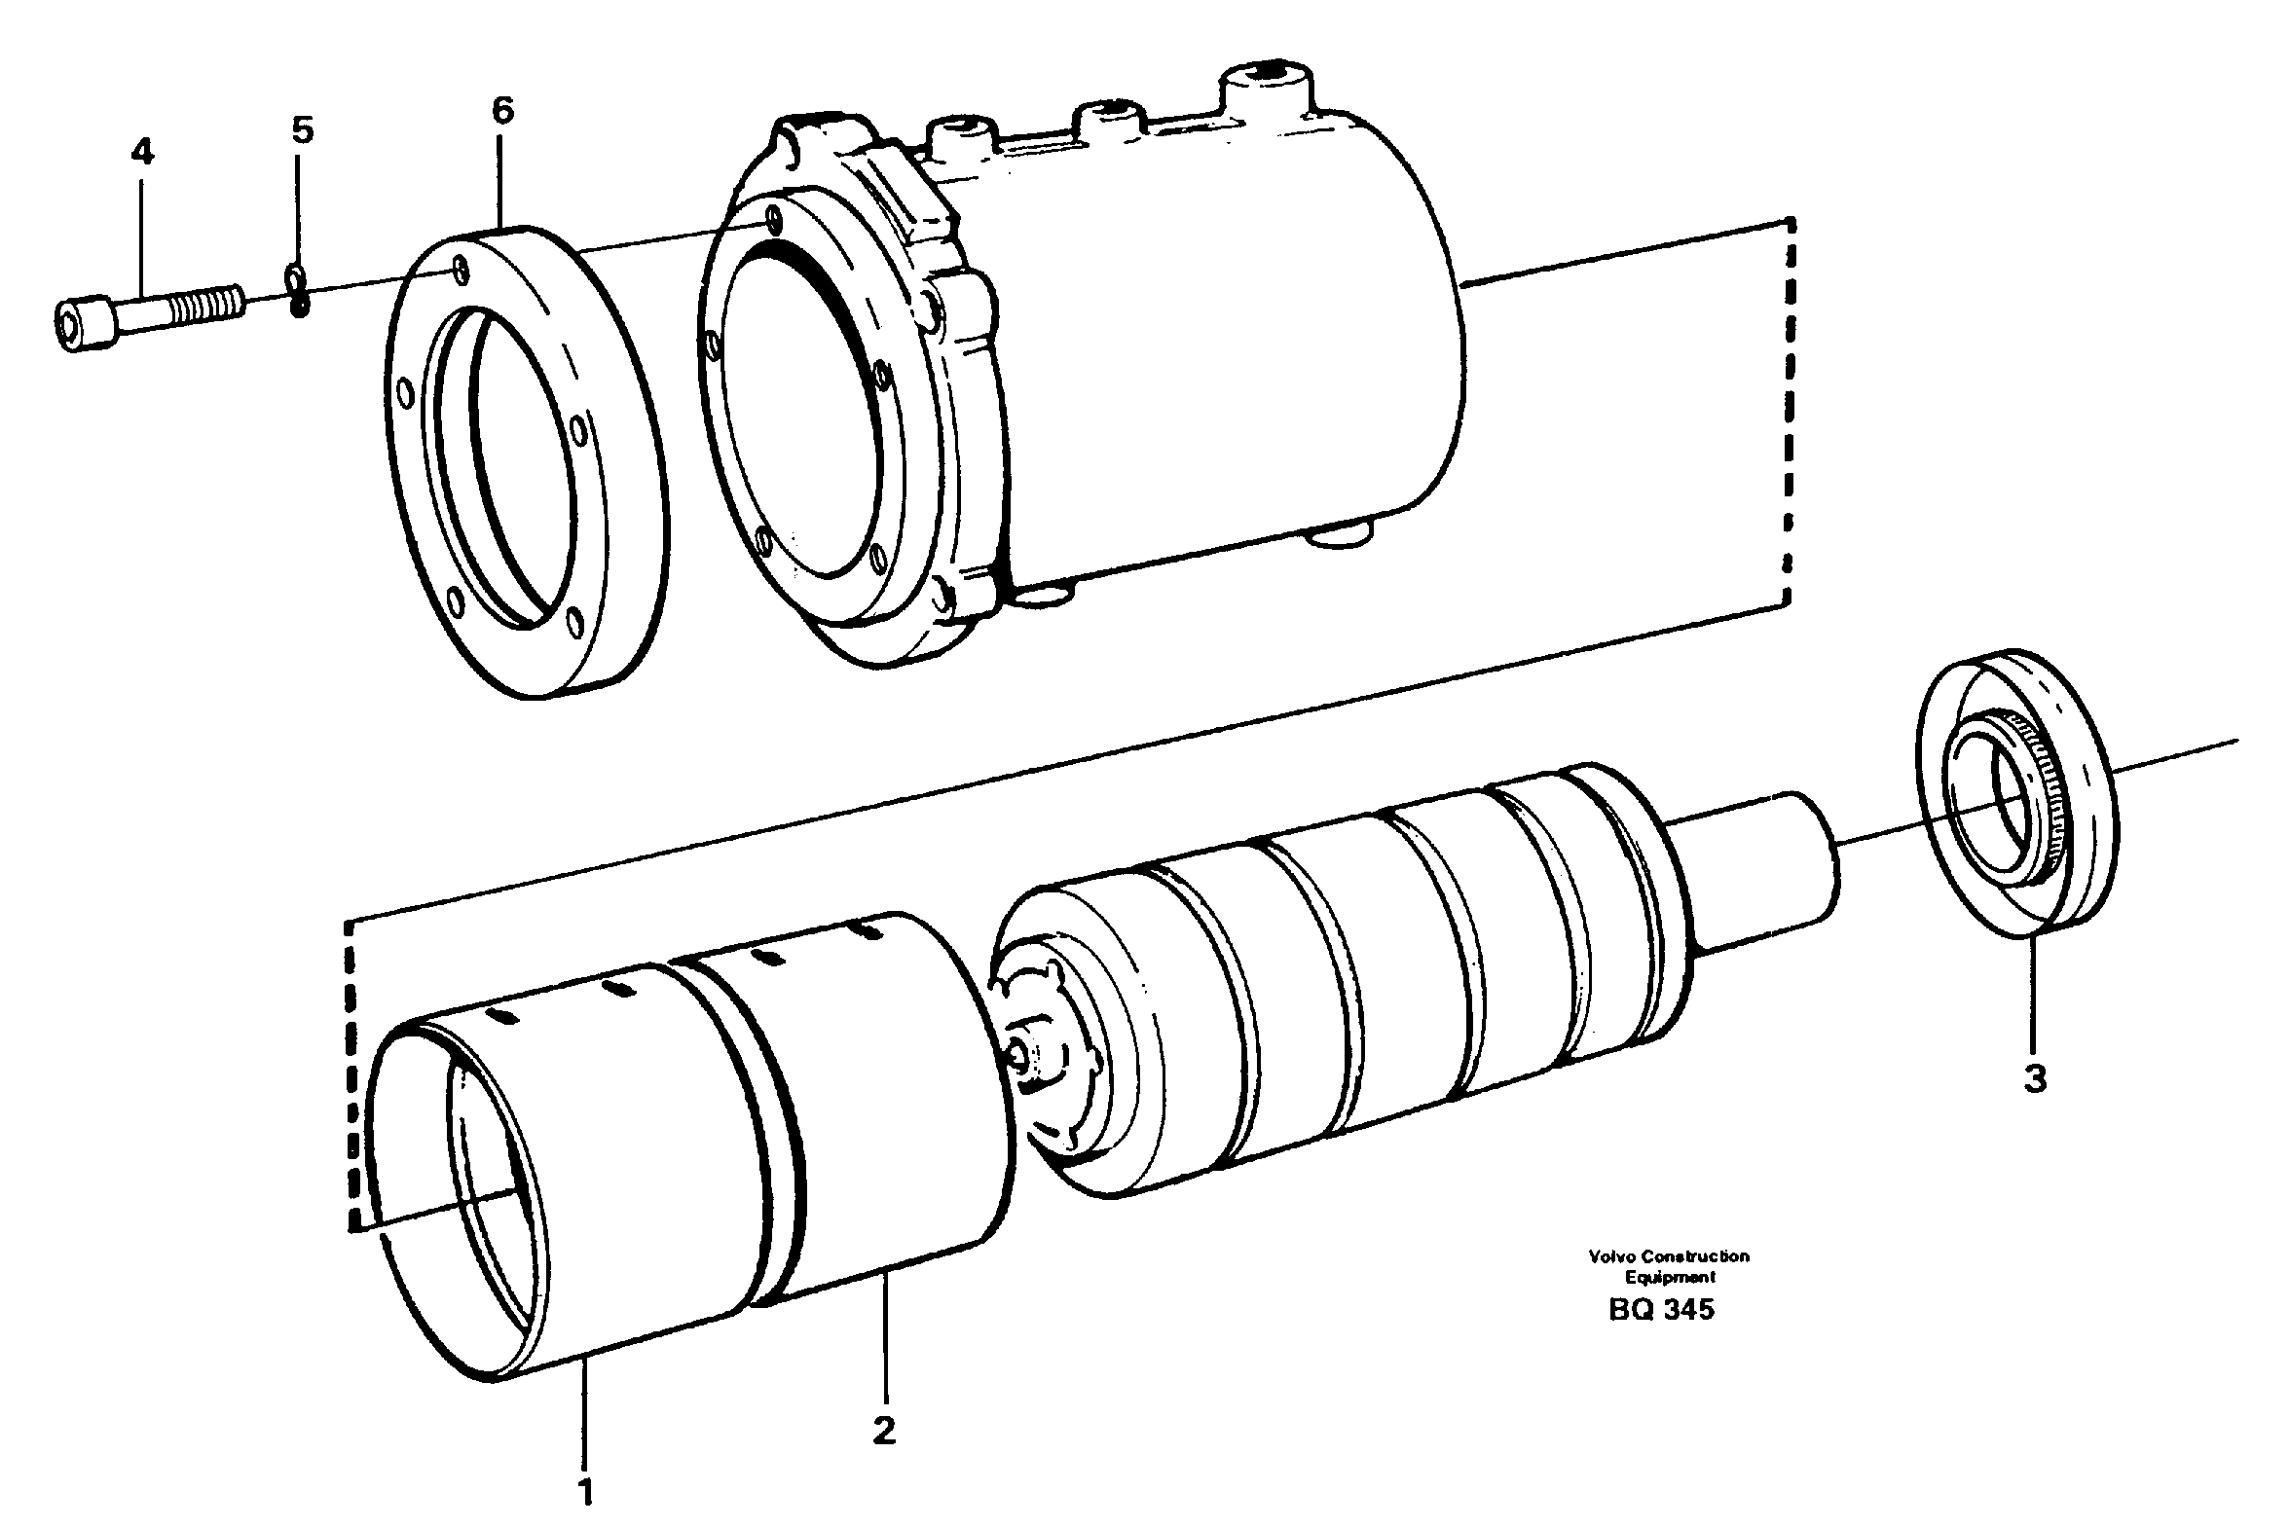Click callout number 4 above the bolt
click(142, 152)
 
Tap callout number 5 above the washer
click(303, 129)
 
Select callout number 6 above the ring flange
click(501, 111)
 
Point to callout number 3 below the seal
click(2035, 1079)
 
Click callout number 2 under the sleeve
click(883, 1431)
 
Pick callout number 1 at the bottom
click(585, 1491)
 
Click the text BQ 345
click(1661, 1310)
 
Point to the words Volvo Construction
click(1669, 1256)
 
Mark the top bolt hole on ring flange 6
click(461, 270)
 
